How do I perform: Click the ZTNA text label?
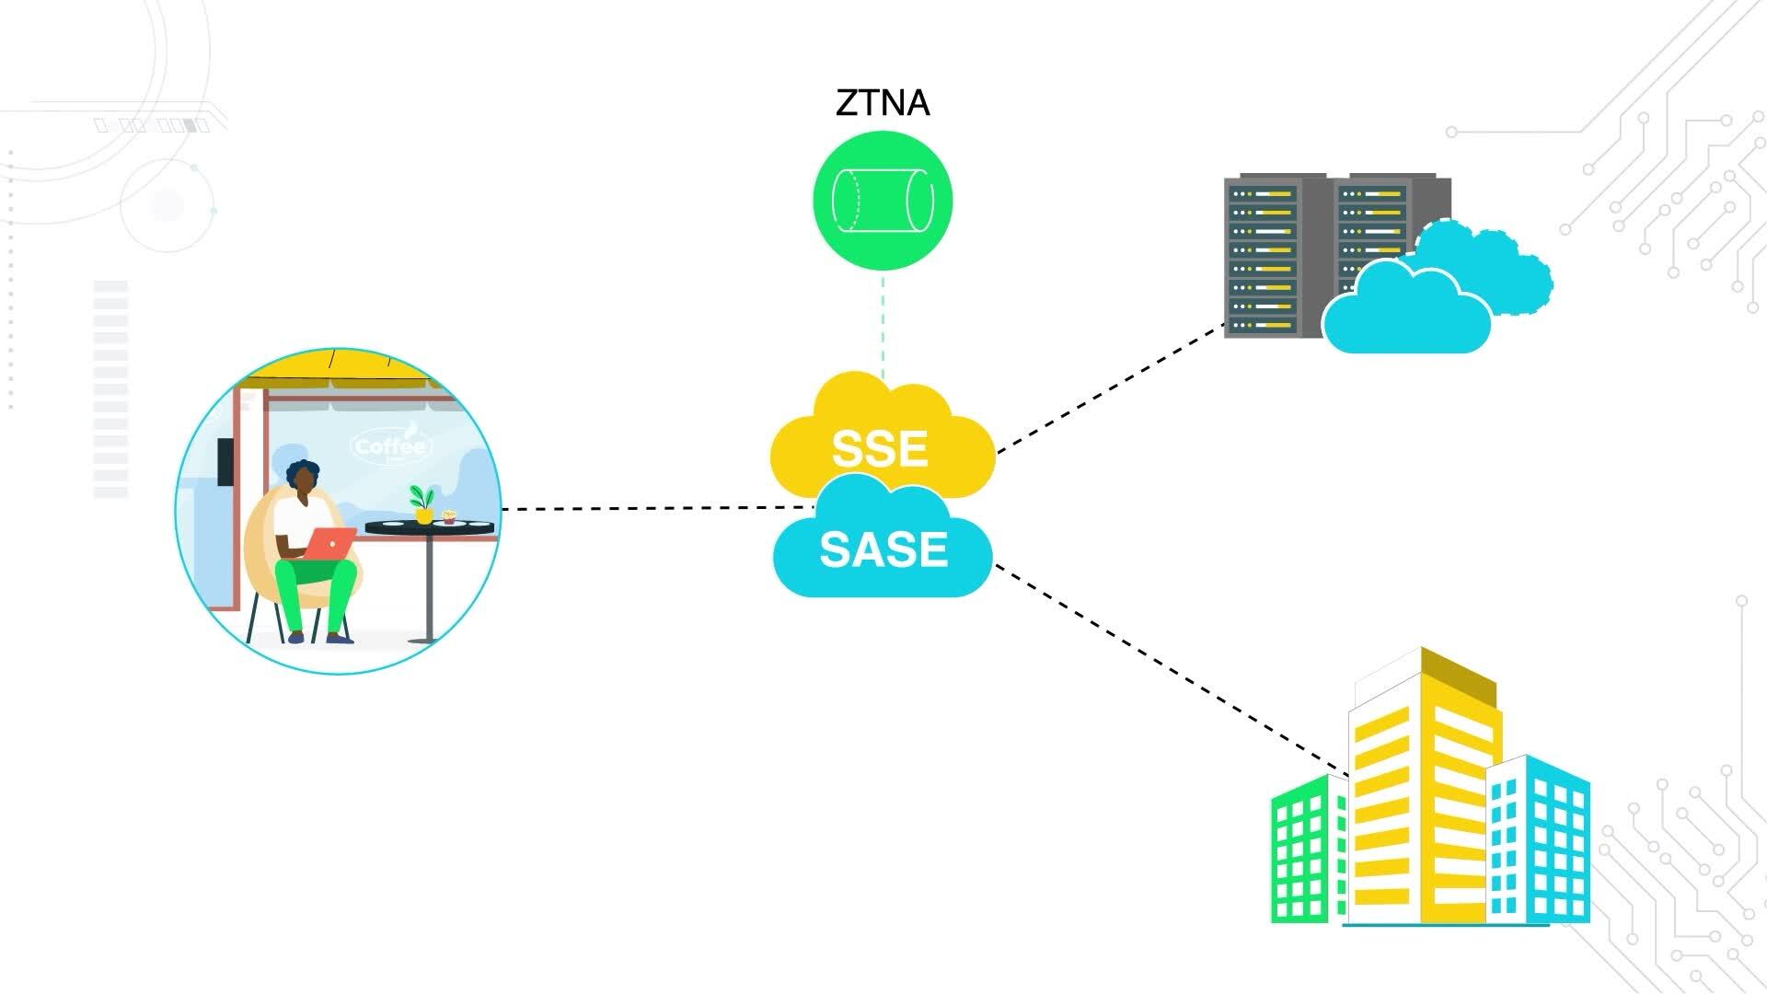883,102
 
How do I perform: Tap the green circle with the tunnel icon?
883,201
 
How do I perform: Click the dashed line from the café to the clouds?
653,507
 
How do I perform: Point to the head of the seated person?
303,477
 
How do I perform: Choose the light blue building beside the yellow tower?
1539,842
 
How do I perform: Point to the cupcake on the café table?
449,516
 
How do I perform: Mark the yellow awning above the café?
350,368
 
